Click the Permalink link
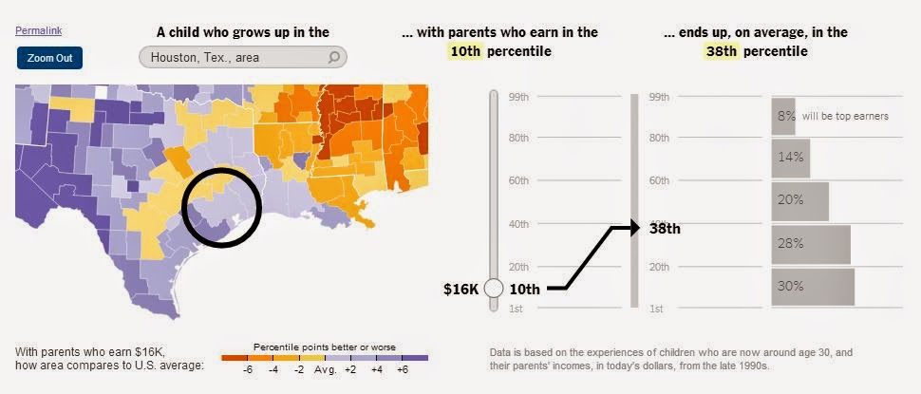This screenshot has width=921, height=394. (38, 30)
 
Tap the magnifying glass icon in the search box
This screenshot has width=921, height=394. (334, 57)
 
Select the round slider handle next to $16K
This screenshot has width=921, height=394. (493, 288)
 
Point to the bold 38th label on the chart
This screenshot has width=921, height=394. (665, 228)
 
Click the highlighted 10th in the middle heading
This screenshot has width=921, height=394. (466, 51)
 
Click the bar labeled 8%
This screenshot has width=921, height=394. (783, 116)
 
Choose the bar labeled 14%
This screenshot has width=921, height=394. (790, 159)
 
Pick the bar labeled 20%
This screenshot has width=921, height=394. (799, 200)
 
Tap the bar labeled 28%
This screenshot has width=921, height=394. (810, 243)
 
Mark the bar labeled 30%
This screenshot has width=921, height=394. (812, 286)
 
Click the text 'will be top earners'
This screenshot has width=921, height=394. (845, 116)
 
